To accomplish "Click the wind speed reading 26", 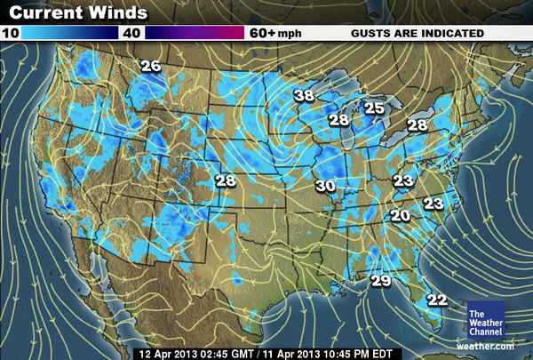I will [151, 66].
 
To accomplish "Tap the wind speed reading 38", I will [305, 95].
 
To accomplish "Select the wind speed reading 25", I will [374, 108].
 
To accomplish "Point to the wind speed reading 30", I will [325, 186].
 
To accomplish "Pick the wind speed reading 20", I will [400, 215].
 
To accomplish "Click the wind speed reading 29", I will [380, 281].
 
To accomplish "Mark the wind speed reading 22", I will [437, 299].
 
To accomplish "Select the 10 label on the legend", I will [10, 33].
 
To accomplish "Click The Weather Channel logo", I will [485, 321].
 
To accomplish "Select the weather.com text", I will [486, 345].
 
